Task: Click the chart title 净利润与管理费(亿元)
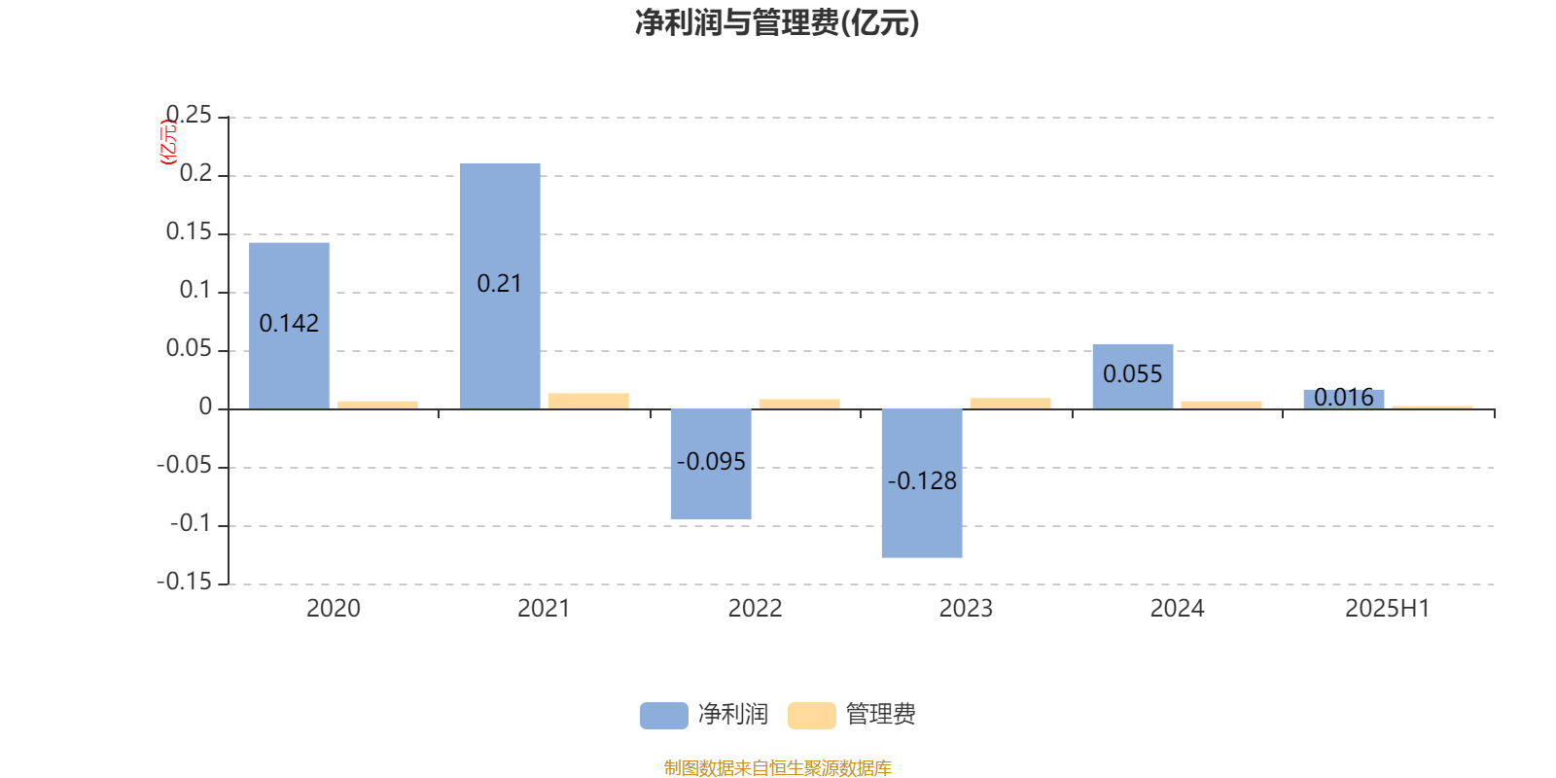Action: pyautogui.click(x=777, y=23)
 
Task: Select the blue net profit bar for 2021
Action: pyautogui.click(x=500, y=286)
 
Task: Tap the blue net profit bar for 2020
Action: pyautogui.click(x=289, y=326)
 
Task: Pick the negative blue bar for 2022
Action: pyautogui.click(x=711, y=464)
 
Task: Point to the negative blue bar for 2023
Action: pyautogui.click(x=922, y=483)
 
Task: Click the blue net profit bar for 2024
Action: pyautogui.click(x=1133, y=376)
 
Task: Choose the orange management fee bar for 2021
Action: pyautogui.click(x=588, y=401)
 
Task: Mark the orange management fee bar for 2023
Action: pyautogui.click(x=1010, y=404)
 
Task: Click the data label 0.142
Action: pyautogui.click(x=289, y=323)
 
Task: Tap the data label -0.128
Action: pyautogui.click(x=922, y=480)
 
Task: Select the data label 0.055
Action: pyautogui.click(x=1133, y=374)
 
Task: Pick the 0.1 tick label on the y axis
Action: pyautogui.click(x=195, y=290)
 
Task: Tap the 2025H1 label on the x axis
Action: pyautogui.click(x=1388, y=609)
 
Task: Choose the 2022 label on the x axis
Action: pyautogui.click(x=755, y=609)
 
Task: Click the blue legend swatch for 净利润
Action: pyautogui.click(x=664, y=716)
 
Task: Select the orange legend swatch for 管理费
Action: pyautogui.click(x=812, y=716)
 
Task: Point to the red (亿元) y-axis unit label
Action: pyautogui.click(x=169, y=142)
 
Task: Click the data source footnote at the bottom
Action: pyautogui.click(x=777, y=767)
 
